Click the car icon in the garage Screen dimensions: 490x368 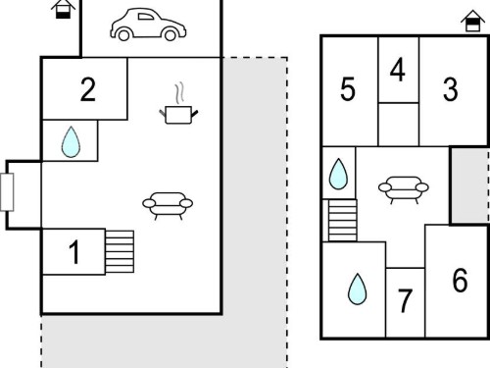tap(148, 25)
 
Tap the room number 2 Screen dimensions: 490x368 tap(88, 89)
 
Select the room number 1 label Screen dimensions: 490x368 tap(74, 251)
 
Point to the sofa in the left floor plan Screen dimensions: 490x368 tap(168, 206)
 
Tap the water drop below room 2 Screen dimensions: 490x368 tap(71, 142)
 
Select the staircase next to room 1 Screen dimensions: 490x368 tap(120, 251)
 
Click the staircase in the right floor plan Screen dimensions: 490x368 tap(342, 221)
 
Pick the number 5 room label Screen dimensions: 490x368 tap(348, 89)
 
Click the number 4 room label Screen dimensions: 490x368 tap(398, 70)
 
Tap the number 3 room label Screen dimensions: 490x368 tap(451, 89)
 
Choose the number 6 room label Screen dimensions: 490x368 tap(460, 280)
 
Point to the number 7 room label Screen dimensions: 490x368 tap(405, 300)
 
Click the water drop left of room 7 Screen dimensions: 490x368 tap(358, 289)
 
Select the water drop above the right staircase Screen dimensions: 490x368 tap(339, 174)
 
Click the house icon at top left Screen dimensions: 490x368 tap(64, 9)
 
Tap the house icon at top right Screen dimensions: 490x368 tap(472, 21)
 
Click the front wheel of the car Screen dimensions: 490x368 tap(171, 35)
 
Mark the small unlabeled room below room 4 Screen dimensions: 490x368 tap(399, 125)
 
